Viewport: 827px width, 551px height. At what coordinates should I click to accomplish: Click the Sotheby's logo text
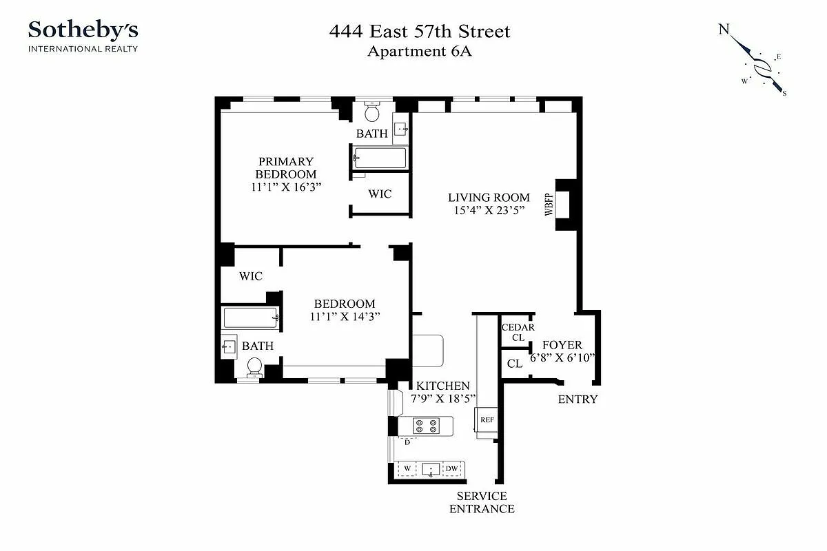click(83, 30)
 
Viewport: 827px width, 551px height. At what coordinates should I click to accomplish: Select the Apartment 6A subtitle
click(419, 51)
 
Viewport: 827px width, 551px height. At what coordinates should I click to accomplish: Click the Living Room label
click(489, 198)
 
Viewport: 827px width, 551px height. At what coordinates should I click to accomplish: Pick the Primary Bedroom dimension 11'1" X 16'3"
click(286, 187)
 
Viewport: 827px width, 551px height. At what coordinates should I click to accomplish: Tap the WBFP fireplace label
click(549, 205)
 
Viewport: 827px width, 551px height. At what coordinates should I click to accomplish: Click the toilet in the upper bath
click(372, 112)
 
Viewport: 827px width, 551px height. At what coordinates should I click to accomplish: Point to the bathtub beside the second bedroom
click(251, 318)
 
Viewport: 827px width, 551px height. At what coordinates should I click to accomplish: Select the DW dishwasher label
click(452, 469)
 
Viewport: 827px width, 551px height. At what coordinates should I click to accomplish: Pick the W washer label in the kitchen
click(407, 469)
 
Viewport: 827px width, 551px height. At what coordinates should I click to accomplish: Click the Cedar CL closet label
click(518, 333)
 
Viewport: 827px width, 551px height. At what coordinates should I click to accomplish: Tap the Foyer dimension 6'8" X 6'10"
click(562, 357)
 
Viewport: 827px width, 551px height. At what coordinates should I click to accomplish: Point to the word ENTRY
click(578, 399)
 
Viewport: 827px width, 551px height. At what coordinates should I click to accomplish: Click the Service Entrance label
click(482, 502)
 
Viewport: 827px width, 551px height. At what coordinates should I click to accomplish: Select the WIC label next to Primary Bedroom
click(379, 194)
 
